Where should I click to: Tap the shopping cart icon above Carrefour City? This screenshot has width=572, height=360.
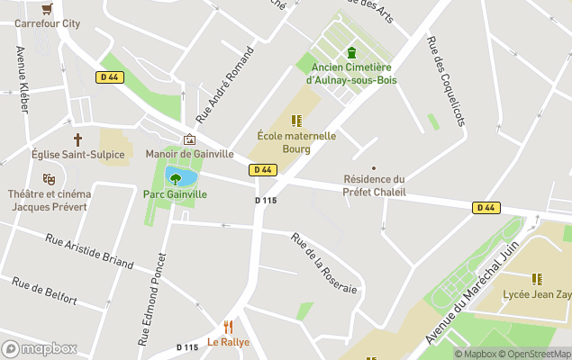[47, 8]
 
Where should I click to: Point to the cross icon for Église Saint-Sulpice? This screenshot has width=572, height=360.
[77, 139]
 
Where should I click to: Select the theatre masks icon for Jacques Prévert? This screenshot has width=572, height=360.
[49, 179]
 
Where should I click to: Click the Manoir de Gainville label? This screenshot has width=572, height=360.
[189, 154]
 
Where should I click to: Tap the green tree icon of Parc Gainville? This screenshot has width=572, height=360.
[176, 179]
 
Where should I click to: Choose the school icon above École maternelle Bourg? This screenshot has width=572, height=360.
[296, 121]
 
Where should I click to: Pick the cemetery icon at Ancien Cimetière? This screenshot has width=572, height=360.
[351, 51]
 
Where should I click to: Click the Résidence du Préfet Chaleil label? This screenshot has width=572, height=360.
[374, 185]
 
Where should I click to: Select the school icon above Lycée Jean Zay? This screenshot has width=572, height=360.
[537, 279]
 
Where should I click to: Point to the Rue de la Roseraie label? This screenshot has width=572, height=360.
[324, 264]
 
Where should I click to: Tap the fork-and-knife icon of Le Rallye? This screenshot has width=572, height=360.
[228, 327]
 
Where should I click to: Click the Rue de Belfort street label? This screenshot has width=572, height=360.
[44, 290]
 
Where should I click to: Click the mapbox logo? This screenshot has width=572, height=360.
[39, 348]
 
